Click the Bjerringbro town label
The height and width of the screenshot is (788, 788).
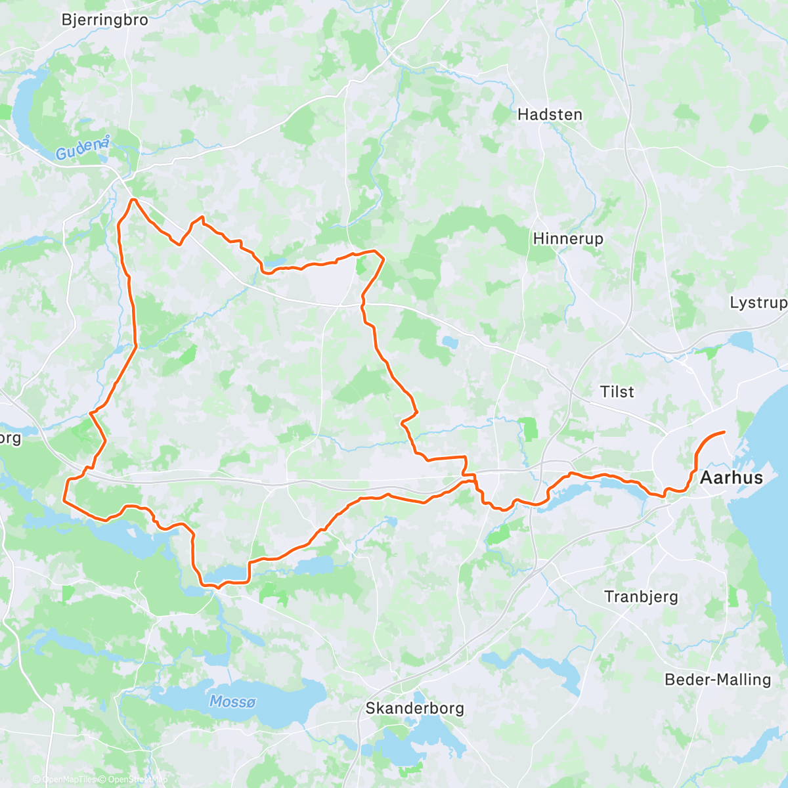[105, 20]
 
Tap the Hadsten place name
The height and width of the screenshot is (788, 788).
[550, 114]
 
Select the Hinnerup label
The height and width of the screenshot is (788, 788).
[568, 238]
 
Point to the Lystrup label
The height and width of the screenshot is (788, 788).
[758, 303]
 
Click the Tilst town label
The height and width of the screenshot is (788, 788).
[617, 392]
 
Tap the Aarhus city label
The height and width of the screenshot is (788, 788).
[732, 477]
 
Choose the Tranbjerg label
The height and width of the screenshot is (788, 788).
[641, 597]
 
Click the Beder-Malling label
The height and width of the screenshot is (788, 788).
[718, 680]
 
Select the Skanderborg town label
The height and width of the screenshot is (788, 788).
[414, 709]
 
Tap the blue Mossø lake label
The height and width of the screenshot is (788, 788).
[232, 702]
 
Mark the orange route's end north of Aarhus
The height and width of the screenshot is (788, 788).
[724, 431]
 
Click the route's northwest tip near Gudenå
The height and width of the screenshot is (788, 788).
[133, 200]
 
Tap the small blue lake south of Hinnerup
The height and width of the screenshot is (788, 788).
[450, 341]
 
